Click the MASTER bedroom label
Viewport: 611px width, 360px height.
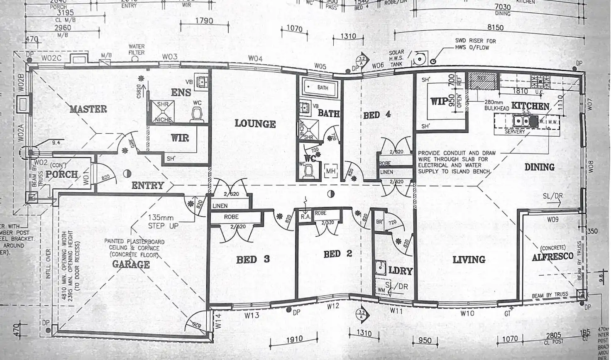coord(88,109)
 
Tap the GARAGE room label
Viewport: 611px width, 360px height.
coord(131,264)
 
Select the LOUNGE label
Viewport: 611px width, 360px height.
coord(255,123)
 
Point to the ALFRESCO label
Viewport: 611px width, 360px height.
coord(552,257)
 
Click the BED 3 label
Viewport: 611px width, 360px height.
coord(253,260)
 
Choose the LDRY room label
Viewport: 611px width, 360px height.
coord(400,271)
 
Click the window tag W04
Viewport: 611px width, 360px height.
coord(255,59)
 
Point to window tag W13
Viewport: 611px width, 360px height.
coord(252,315)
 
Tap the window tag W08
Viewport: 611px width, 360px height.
coord(591,167)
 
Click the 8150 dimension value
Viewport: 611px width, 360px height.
coord(495,27)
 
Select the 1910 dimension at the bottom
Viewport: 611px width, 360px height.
coord(294,339)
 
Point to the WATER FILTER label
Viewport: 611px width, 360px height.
coord(136,49)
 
